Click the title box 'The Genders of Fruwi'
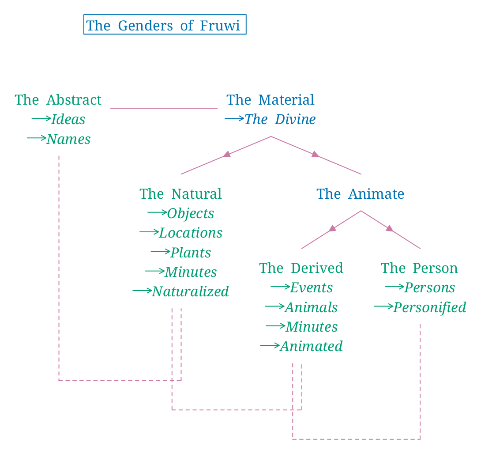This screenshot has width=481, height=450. coord(165,25)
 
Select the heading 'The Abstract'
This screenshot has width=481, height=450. coord(58,100)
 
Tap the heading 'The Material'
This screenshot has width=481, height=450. coord(271,100)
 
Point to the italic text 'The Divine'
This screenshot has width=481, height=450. coord(280,119)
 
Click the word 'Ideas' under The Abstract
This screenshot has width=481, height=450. coord(68,119)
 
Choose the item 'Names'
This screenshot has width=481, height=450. coord(68,139)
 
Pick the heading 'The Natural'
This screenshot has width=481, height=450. coord(180,194)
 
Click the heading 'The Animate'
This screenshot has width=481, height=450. coord(360,194)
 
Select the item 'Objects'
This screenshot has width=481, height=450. coord(190,213)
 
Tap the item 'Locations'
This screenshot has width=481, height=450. coord(191,233)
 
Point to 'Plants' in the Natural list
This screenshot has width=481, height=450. coord(191,253)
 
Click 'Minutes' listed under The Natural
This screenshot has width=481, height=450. coord(191,272)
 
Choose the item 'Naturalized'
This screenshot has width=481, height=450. coord(190,291)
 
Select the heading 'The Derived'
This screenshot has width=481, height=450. coord(301,268)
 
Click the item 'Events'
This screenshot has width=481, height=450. coord(311,287)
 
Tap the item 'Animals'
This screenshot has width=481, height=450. coord(311,307)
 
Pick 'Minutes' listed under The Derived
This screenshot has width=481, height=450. coord(312,327)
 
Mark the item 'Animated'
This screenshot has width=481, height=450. coord(311,346)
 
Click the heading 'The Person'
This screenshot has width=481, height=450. coord(419,268)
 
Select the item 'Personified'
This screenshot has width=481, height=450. coord(429,307)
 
